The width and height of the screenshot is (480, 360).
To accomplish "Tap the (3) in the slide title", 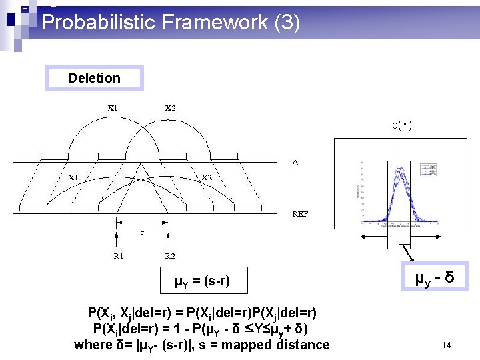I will coord(287,23).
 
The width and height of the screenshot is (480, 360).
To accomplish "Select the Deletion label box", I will coord(94,78).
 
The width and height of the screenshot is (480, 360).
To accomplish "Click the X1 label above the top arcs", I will coord(114,107).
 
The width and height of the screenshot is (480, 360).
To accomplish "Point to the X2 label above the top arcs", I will coord(171,107).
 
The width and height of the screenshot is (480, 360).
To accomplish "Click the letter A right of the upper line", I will coord(295,161).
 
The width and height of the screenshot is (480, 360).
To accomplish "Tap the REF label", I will coord(300,214).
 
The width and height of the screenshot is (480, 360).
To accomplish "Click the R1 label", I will coord(117,255).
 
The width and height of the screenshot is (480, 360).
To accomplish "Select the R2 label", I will coord(171,255).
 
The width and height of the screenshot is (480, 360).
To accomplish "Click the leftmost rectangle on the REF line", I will coord(33,207).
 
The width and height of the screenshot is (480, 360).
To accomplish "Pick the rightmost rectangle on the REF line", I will coord(247,207).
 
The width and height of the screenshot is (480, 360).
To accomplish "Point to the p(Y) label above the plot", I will coord(401,125).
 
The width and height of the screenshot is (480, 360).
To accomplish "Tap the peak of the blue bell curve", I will coord(401,168).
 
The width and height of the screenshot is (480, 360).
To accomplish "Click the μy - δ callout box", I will coord(435,277).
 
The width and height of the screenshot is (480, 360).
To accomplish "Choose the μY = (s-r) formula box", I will coord(202,281).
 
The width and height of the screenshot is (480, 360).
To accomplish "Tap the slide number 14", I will coord(447,345).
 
